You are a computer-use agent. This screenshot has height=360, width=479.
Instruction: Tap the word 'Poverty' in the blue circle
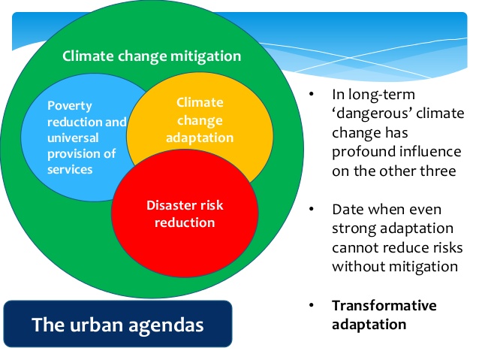click(x=70, y=107)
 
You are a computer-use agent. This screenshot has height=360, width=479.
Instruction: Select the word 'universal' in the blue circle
click(x=73, y=138)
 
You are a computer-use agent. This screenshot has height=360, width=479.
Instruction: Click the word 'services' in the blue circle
click(x=70, y=169)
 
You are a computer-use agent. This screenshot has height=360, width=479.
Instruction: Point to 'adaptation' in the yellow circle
click(x=200, y=138)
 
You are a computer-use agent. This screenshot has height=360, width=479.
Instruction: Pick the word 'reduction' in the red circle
click(x=185, y=222)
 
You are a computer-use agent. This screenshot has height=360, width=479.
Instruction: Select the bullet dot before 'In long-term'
click(x=312, y=94)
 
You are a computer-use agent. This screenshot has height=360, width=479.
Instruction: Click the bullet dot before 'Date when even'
click(x=312, y=209)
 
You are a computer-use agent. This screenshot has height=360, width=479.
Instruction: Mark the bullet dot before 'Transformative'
click(x=312, y=305)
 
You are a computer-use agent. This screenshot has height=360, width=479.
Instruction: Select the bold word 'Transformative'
click(x=384, y=306)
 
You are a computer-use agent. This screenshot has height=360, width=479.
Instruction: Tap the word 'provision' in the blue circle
click(x=74, y=154)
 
